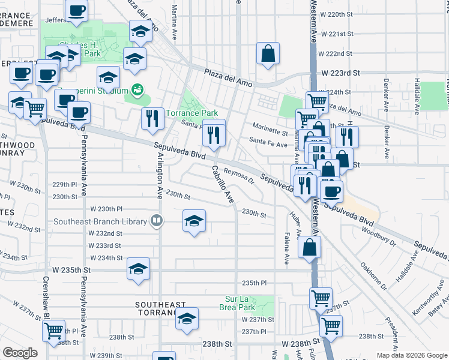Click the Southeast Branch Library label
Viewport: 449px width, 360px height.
(x=100, y=221)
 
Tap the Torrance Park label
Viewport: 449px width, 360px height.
(x=191, y=113)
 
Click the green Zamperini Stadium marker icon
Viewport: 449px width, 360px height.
(x=138, y=90)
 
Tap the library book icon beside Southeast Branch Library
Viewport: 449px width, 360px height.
(x=157, y=220)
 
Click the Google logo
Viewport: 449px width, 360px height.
(x=20, y=353)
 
